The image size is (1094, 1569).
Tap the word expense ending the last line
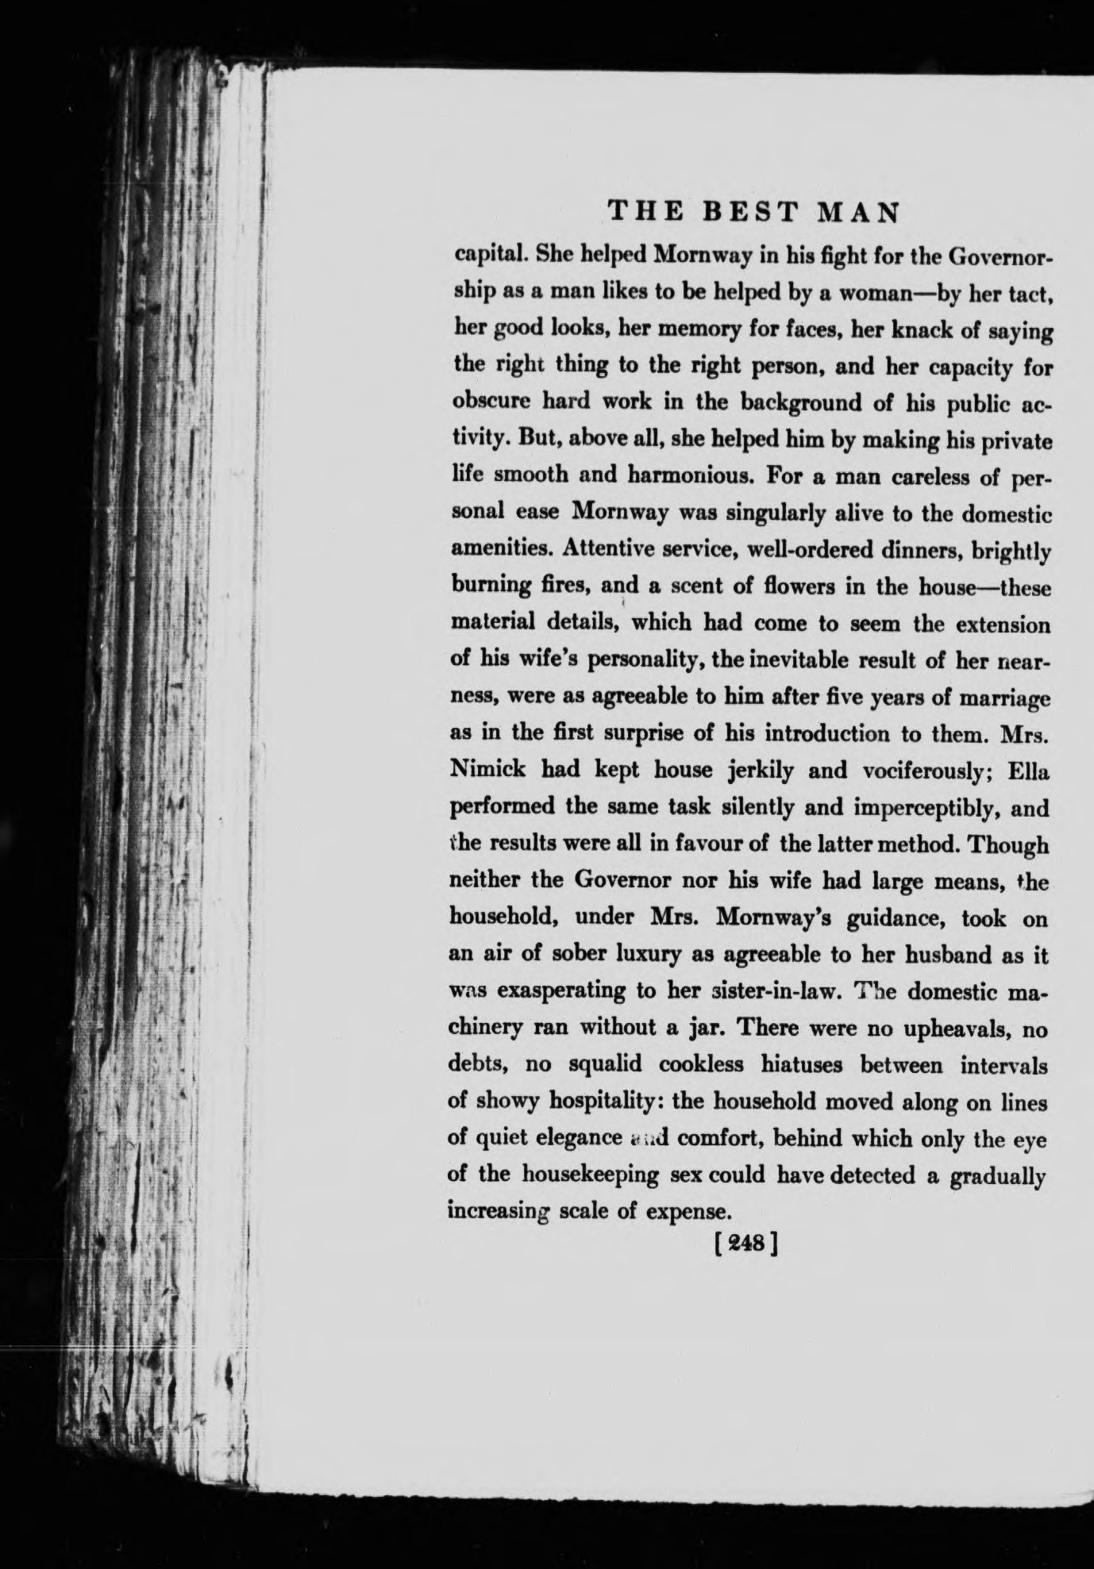[x=689, y=1212]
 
